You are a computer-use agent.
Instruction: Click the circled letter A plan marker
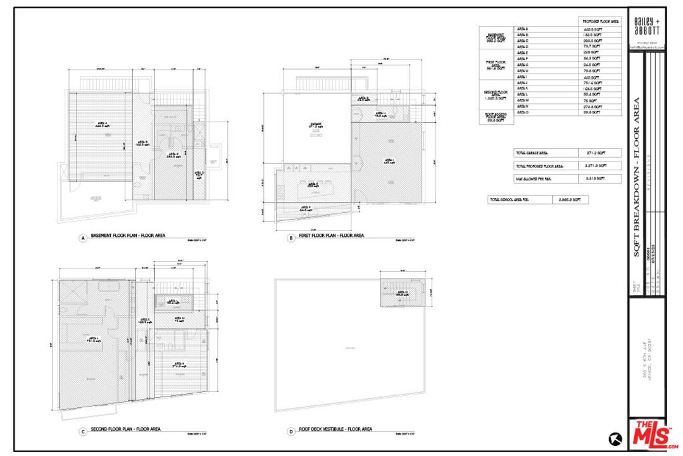click(82, 238)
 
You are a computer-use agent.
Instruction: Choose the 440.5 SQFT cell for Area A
click(601, 29)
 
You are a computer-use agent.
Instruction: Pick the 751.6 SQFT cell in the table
click(601, 82)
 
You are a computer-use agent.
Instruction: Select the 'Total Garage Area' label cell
click(546, 153)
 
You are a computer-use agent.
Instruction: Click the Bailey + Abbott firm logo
click(646, 28)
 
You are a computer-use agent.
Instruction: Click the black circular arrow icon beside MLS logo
click(614, 438)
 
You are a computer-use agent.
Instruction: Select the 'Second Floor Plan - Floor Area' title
click(125, 429)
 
